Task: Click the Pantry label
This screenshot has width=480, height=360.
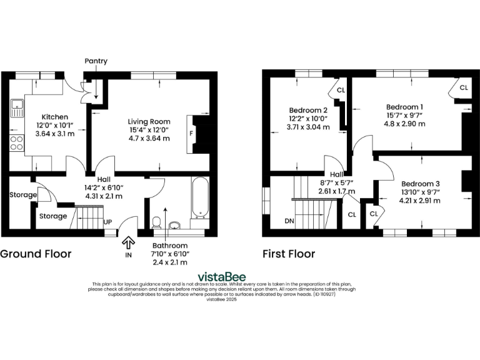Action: (96, 61)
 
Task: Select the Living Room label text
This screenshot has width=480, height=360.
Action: (149, 121)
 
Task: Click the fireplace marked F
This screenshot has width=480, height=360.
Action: (191, 133)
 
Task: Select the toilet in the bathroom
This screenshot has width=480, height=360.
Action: (156, 222)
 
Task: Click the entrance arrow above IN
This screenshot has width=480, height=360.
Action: (129, 241)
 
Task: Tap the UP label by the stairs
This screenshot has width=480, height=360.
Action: (107, 222)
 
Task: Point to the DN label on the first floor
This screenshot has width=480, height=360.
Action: (289, 221)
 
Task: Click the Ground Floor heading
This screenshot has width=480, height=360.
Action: (36, 254)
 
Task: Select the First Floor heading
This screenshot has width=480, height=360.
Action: (289, 254)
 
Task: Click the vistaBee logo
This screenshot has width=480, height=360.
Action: (222, 276)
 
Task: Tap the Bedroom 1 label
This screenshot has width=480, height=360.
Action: (404, 106)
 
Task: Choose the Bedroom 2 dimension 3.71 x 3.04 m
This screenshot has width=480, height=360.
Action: (307, 126)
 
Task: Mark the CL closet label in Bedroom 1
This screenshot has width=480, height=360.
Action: (463, 88)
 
